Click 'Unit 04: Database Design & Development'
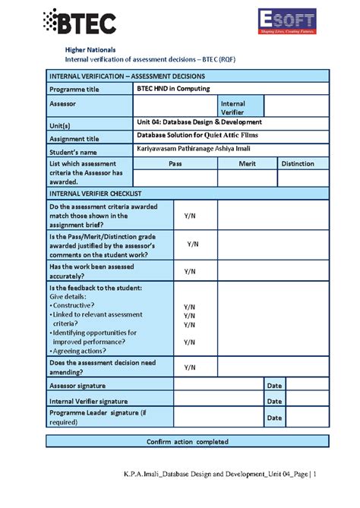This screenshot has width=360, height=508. (199, 121)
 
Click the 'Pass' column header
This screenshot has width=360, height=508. (175, 163)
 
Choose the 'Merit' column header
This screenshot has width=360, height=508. (246, 163)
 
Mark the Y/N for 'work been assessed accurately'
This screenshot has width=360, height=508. (190, 271)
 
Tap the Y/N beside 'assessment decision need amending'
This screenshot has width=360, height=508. (190, 367)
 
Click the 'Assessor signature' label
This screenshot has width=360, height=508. (82, 386)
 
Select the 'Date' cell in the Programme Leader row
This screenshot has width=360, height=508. (274, 418)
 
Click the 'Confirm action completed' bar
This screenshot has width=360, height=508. (187, 441)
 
